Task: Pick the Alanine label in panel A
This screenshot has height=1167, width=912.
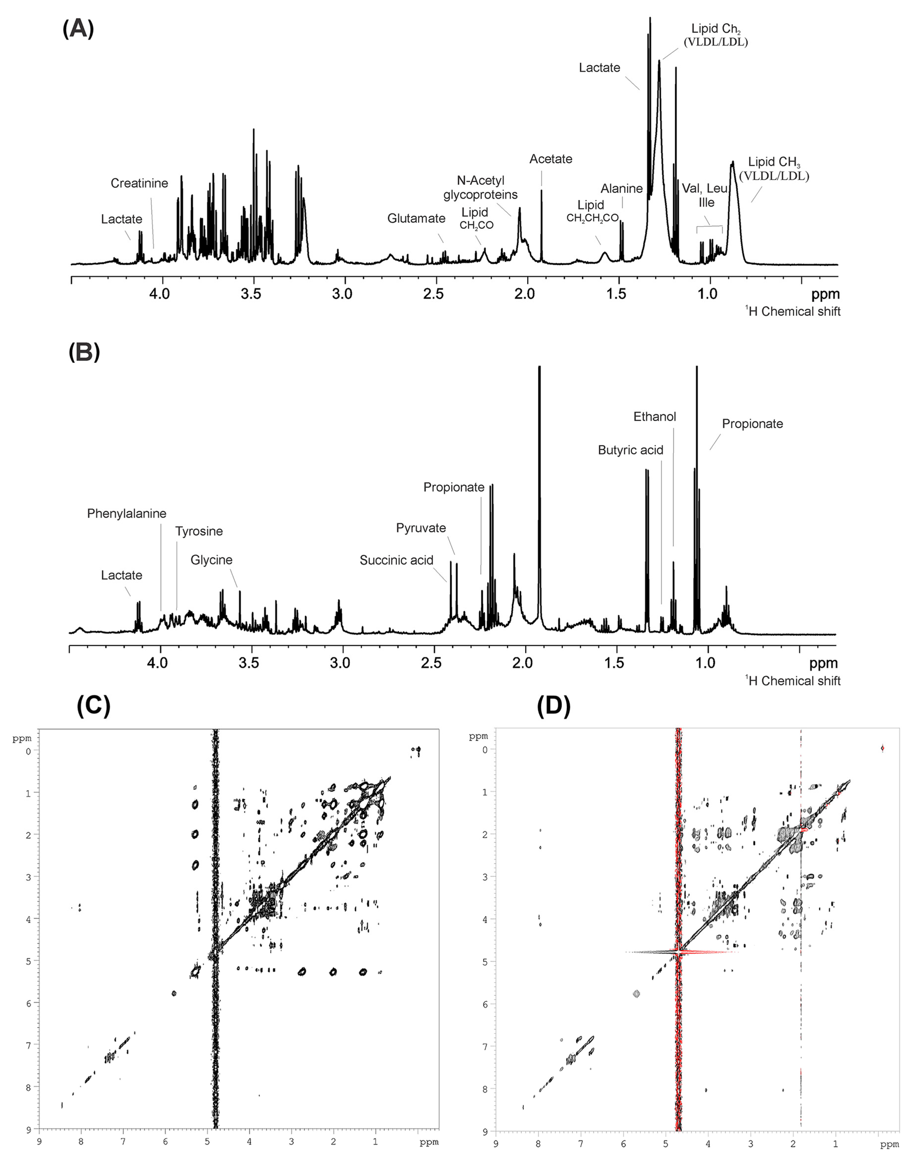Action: coord(621,189)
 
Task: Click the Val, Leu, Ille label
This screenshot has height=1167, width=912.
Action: coord(705,196)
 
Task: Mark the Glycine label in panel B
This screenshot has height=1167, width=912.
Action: coord(212,560)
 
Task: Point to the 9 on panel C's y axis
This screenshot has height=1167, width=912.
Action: coord(28,1129)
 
